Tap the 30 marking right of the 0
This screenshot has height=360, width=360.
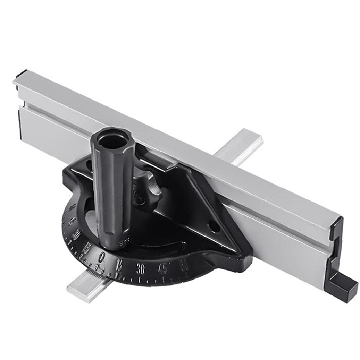tap(141, 269)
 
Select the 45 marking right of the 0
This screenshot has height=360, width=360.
tap(162, 268)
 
